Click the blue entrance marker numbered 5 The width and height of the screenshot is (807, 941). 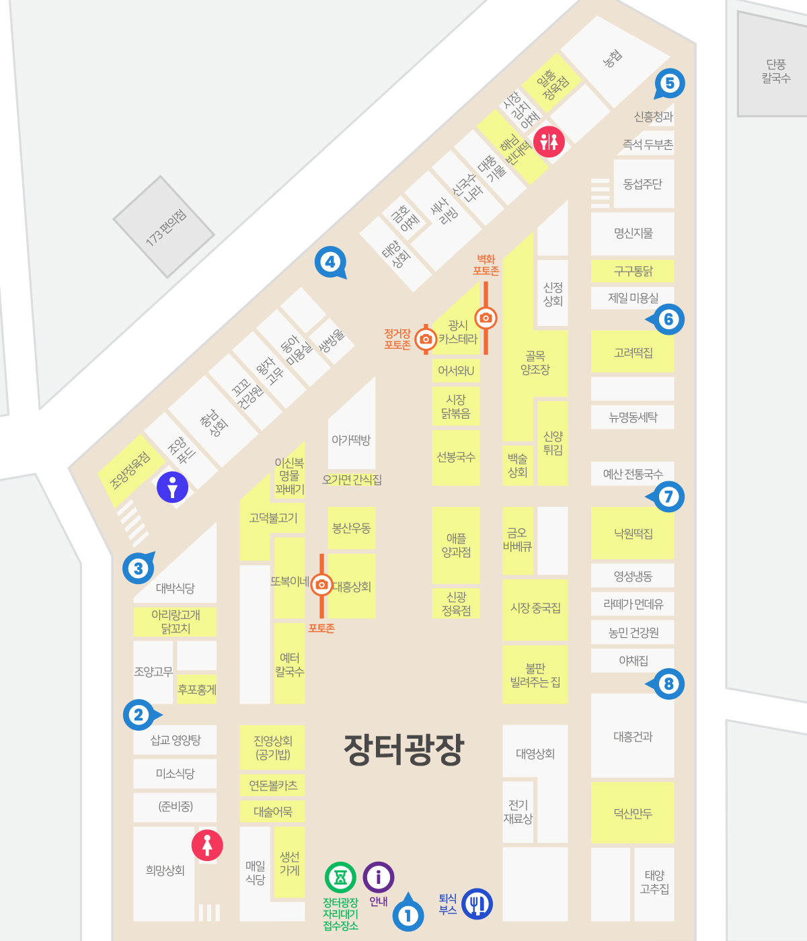tap(669, 83)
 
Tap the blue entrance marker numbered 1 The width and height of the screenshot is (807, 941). tap(408, 915)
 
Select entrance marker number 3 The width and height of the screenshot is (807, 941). tap(138, 569)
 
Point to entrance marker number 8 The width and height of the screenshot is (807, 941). tap(668, 684)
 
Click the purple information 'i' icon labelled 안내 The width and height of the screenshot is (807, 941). tap(379, 877)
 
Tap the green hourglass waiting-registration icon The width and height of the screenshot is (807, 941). tap(340, 877)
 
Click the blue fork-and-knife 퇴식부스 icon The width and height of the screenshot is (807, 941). tap(477, 903)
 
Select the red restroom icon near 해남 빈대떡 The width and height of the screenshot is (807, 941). tap(549, 142)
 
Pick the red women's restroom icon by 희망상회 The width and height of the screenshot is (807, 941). tap(207, 845)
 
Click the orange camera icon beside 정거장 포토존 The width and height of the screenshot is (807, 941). tap(425, 339)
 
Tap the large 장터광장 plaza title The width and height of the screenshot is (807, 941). tap(403, 749)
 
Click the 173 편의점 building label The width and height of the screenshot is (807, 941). tap(165, 227)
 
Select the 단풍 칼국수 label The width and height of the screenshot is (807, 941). tap(775, 71)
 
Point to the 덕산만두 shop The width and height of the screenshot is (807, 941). tap(633, 813)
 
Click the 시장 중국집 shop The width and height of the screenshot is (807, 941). tap(535, 608)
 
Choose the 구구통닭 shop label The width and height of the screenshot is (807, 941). tap(633, 271)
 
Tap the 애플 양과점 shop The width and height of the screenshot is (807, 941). tap(456, 545)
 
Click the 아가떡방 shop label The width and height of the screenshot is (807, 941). tap(351, 440)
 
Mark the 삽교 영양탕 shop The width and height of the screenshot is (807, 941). tap(176, 740)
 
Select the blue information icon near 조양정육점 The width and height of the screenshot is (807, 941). tap(172, 487)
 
